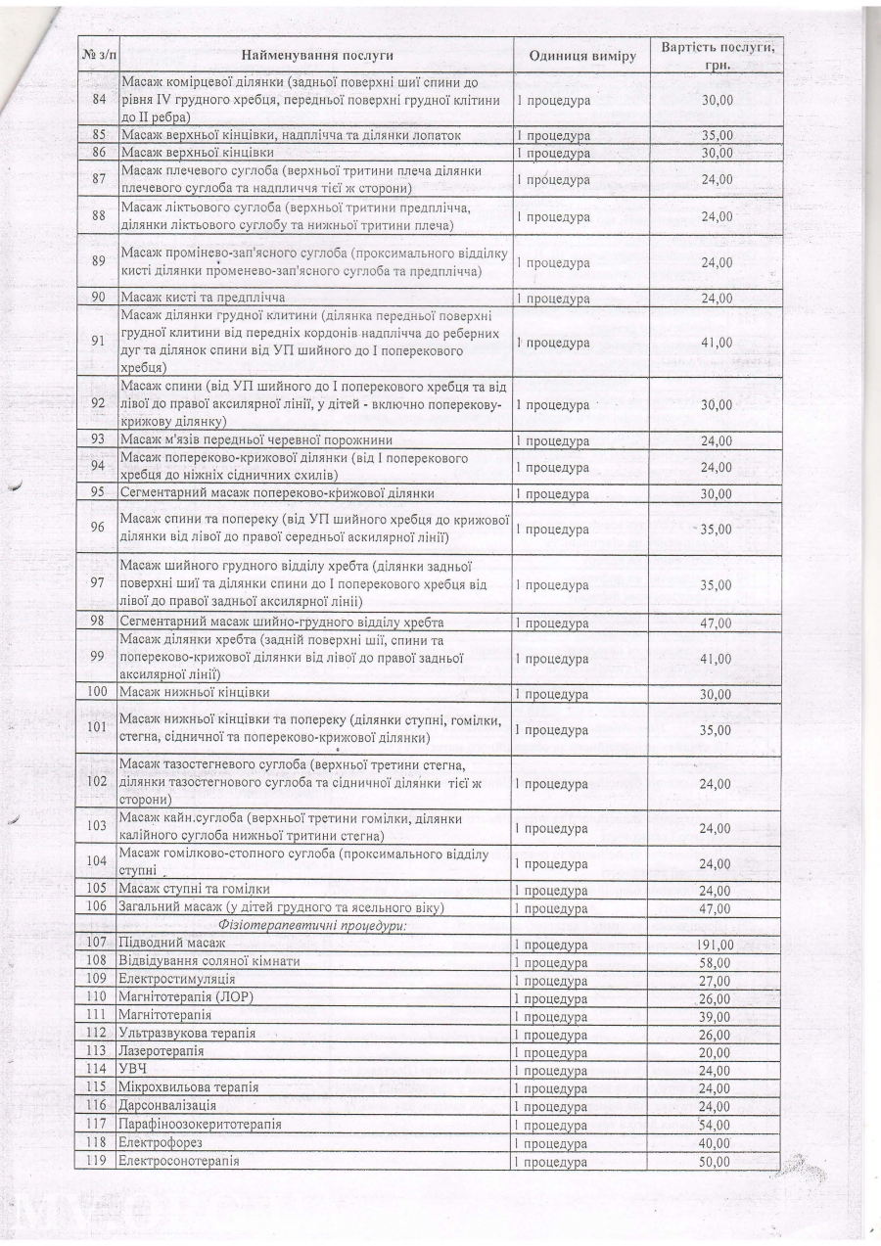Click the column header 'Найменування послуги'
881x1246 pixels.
[316, 56]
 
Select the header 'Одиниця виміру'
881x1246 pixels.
[582, 56]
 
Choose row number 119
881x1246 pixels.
[96, 1161]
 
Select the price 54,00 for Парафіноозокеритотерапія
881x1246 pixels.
[716, 1126]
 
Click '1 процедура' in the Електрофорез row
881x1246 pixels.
[552, 1143]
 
